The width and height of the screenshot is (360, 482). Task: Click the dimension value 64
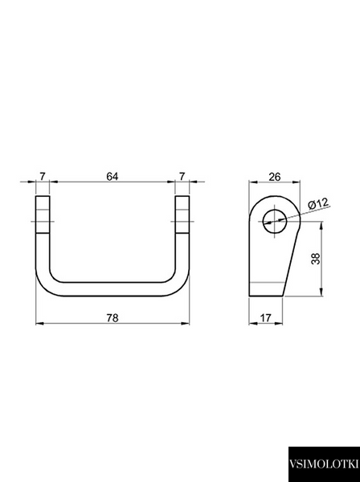pyautogui.click(x=112, y=177)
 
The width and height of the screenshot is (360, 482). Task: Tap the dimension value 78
pyautogui.click(x=112, y=318)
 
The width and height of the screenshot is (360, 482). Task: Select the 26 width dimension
pyautogui.click(x=275, y=177)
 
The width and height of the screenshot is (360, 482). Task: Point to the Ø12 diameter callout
pyautogui.click(x=318, y=204)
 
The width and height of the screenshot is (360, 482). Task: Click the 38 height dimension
pyautogui.click(x=316, y=259)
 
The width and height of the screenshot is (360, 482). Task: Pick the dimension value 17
pyautogui.click(x=266, y=318)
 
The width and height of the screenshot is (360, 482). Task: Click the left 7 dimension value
pyautogui.click(x=43, y=177)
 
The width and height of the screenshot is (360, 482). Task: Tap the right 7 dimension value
pyautogui.click(x=182, y=177)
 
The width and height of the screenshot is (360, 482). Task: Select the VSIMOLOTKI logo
pyautogui.click(x=324, y=464)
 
